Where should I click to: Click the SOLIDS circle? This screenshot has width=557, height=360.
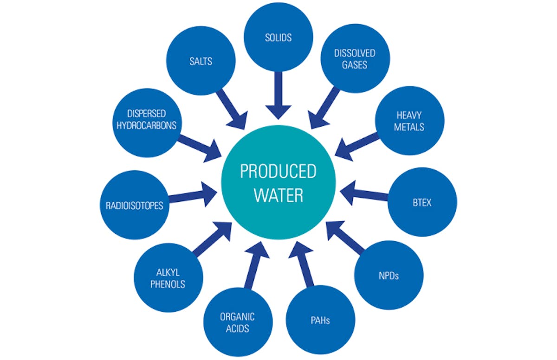pos(278,37)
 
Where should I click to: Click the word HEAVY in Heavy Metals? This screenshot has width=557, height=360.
pos(409,115)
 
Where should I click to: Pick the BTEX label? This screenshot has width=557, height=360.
pos(421,203)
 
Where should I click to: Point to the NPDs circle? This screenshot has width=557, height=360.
pos(389,276)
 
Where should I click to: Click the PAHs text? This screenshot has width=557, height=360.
pos(320,320)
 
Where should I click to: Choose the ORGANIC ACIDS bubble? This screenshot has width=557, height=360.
pos(237,323)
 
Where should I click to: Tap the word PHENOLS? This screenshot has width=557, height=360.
pos(168,284)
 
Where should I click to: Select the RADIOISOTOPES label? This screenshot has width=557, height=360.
pos(131,205)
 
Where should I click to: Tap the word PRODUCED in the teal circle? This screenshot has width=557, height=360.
pos(278,172)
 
